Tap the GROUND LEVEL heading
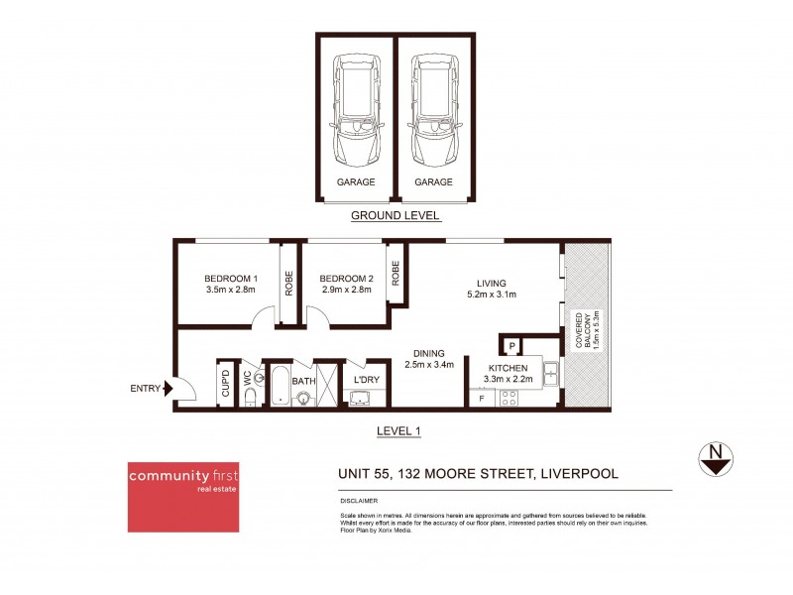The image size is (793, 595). [x=396, y=215]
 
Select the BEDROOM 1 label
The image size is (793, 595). [x=230, y=278]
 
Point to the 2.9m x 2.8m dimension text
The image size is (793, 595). [x=345, y=291]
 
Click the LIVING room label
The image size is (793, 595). [x=491, y=281]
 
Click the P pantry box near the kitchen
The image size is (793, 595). [x=511, y=345]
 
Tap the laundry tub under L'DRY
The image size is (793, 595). [x=360, y=399]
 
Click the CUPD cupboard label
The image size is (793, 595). [x=225, y=385]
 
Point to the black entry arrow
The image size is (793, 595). [x=170, y=389]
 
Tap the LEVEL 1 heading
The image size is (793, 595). [x=399, y=431]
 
